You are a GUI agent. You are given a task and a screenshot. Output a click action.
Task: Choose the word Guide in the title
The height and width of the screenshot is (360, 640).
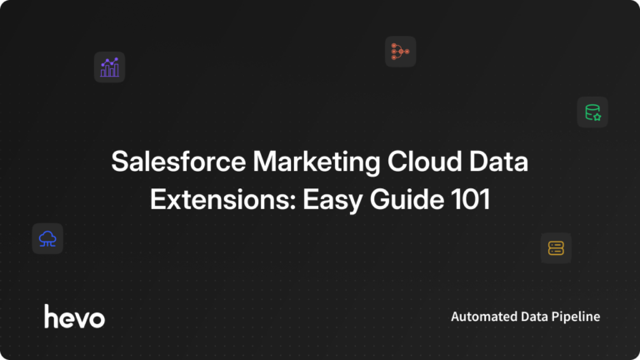coord(386,200)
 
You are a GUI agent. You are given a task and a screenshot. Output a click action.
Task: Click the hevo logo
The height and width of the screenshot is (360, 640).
coord(75,317)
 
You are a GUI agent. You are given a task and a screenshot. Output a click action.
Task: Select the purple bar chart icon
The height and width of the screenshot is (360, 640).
coord(109,67)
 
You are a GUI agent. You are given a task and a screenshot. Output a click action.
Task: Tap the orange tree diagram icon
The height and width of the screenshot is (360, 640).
coord(400,52)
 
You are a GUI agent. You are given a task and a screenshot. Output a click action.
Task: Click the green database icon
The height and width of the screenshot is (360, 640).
coord(592,112)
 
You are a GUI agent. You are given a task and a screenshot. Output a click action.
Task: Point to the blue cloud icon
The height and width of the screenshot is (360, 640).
coord(47,239)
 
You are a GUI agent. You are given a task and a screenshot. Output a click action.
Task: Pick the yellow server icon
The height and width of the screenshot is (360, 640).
coord(556,247)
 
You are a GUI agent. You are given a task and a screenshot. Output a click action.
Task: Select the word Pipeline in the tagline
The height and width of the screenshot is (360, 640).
coord(576,317)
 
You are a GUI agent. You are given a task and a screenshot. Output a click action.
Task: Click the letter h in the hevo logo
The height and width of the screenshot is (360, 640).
coord(51,316)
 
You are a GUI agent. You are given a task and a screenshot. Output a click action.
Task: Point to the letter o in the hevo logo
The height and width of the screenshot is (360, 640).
coord(96,318)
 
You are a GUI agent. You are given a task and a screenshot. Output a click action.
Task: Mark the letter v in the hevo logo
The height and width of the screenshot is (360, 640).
coord(81,318)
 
